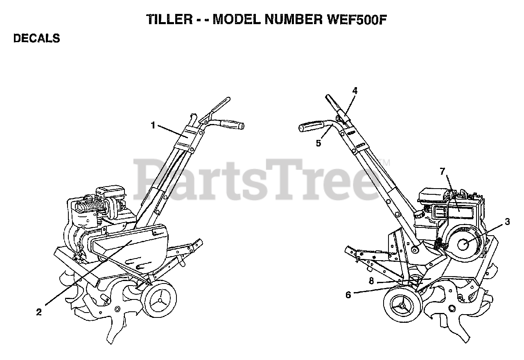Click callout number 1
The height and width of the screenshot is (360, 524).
point(153,125)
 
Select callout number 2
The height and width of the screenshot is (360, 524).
point(39,312)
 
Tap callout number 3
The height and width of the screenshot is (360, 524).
point(507,222)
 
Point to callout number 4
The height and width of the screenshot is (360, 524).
point(355,91)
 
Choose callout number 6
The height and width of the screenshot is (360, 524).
point(348,295)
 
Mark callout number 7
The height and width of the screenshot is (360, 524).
point(443,172)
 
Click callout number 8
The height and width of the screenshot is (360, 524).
point(371,281)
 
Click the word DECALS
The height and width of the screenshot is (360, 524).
point(37,38)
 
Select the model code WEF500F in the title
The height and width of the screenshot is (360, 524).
point(355,20)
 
